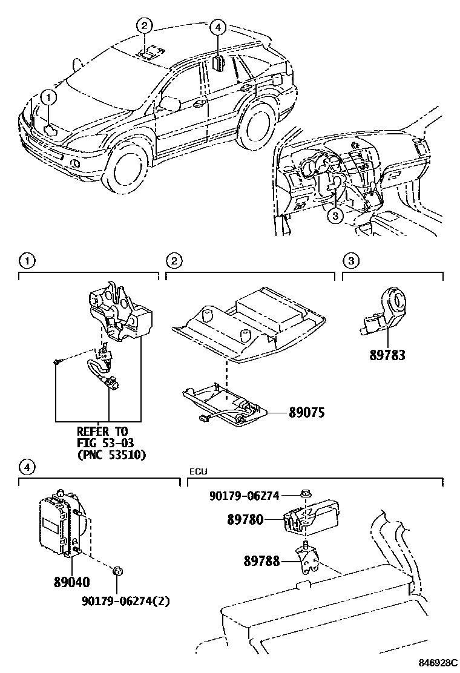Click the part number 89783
[x=388, y=356]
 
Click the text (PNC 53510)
[x=111, y=454]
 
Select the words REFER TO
[x=103, y=432]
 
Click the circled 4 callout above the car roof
[x=218, y=27]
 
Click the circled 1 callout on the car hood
[x=49, y=96]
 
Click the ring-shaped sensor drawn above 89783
[x=396, y=301]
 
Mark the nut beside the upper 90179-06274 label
[x=305, y=495]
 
